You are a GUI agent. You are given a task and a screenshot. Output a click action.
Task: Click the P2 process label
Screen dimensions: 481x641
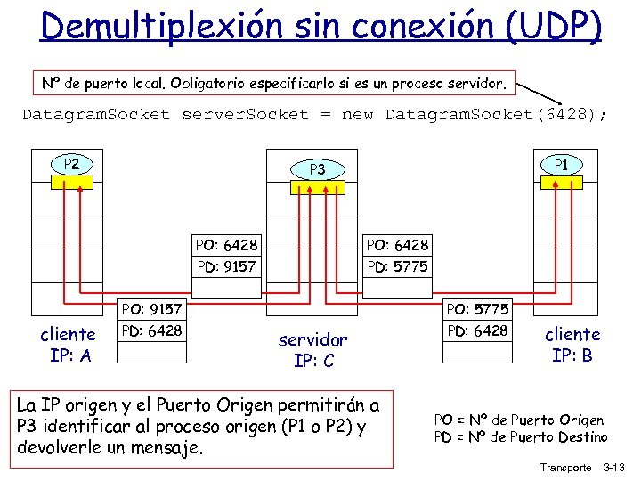71,164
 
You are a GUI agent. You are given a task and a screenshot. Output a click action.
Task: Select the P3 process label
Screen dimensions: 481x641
317,169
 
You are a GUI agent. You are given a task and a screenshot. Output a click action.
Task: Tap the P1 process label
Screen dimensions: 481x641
562,164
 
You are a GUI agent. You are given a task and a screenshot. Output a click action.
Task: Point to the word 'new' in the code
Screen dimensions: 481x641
358,115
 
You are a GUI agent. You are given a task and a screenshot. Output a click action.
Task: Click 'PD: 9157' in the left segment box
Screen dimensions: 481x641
226,266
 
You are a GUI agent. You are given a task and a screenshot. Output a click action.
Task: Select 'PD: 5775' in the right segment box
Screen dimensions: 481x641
397,266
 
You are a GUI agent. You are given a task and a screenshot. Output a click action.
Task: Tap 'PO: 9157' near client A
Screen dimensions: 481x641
152,309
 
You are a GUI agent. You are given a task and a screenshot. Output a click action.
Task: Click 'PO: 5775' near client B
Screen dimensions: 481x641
478,309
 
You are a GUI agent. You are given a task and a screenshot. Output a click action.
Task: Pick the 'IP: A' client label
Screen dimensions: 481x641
68,356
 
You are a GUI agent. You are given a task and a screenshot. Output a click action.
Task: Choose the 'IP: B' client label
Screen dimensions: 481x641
572,356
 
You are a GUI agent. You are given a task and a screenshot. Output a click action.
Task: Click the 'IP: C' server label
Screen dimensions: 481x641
313,361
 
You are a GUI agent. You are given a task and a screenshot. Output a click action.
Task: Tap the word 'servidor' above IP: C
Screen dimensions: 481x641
313,339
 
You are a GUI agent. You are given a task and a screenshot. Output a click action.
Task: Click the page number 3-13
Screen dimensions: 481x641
615,468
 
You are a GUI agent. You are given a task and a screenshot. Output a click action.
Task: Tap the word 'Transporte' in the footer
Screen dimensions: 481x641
565,468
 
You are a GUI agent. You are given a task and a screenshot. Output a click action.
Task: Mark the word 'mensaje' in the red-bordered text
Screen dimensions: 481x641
170,446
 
